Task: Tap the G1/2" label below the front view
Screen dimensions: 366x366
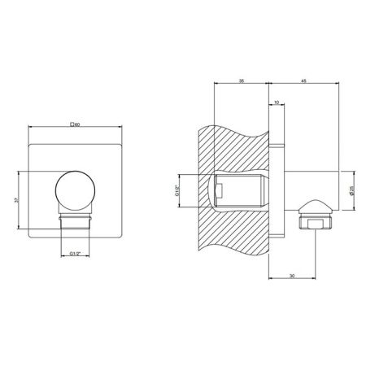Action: pos(75,251)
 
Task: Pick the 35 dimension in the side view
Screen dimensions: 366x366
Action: pos(241,81)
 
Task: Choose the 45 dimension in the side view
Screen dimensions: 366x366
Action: pos(303,81)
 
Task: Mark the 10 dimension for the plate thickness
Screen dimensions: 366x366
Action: pos(277,102)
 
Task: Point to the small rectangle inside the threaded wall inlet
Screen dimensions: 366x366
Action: pos(218,191)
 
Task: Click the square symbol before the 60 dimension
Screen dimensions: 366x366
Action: pos(72,124)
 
